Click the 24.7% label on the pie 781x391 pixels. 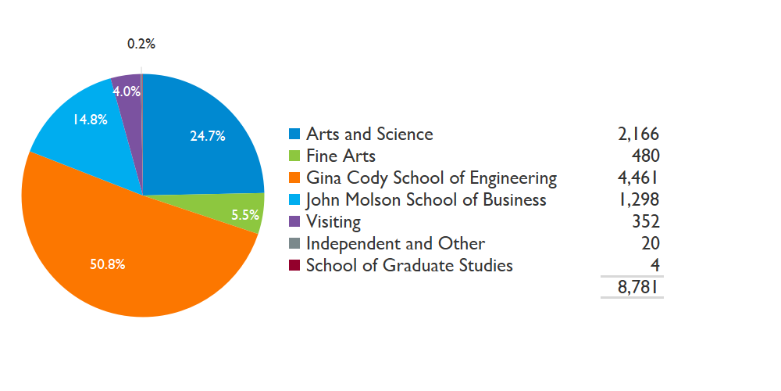208,136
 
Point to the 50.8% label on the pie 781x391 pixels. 108,264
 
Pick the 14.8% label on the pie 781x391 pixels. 90,120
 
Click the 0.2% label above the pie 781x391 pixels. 141,45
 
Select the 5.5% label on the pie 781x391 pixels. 245,215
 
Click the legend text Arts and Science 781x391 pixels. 369,134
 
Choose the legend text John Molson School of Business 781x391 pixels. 426,199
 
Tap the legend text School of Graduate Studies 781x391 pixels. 409,265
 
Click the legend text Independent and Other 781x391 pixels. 395,243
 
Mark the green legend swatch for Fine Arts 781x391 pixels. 294,156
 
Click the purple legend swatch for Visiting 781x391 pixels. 294,221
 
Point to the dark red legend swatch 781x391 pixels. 294,265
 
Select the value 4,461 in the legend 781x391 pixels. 638,178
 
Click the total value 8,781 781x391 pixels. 638,288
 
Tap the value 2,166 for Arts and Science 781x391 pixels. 638,134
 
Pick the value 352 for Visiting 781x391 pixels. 645,221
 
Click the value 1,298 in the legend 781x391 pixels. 638,199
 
